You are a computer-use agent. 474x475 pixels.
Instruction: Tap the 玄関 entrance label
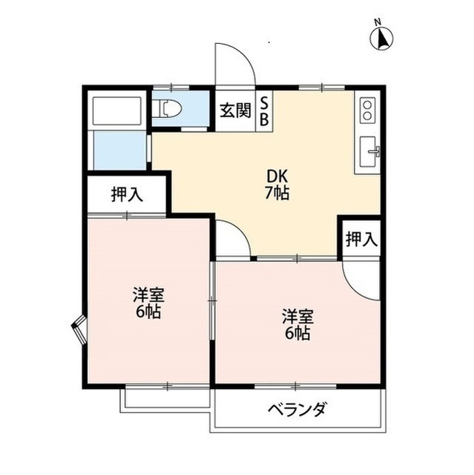click(x=235, y=112)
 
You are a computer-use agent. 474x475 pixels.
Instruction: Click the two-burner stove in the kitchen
click(x=366, y=112)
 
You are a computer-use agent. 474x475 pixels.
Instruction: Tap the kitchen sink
click(x=369, y=154)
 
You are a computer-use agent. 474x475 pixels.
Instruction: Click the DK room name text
click(x=278, y=178)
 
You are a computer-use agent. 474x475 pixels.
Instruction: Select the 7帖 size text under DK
click(x=278, y=194)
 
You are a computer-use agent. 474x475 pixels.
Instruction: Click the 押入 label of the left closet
click(x=127, y=194)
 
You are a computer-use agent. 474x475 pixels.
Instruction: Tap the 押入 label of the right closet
click(x=361, y=239)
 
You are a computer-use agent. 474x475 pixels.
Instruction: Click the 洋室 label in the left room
click(x=148, y=295)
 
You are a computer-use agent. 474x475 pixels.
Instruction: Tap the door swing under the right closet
click(x=361, y=278)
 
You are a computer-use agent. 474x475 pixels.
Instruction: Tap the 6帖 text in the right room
click(x=296, y=333)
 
